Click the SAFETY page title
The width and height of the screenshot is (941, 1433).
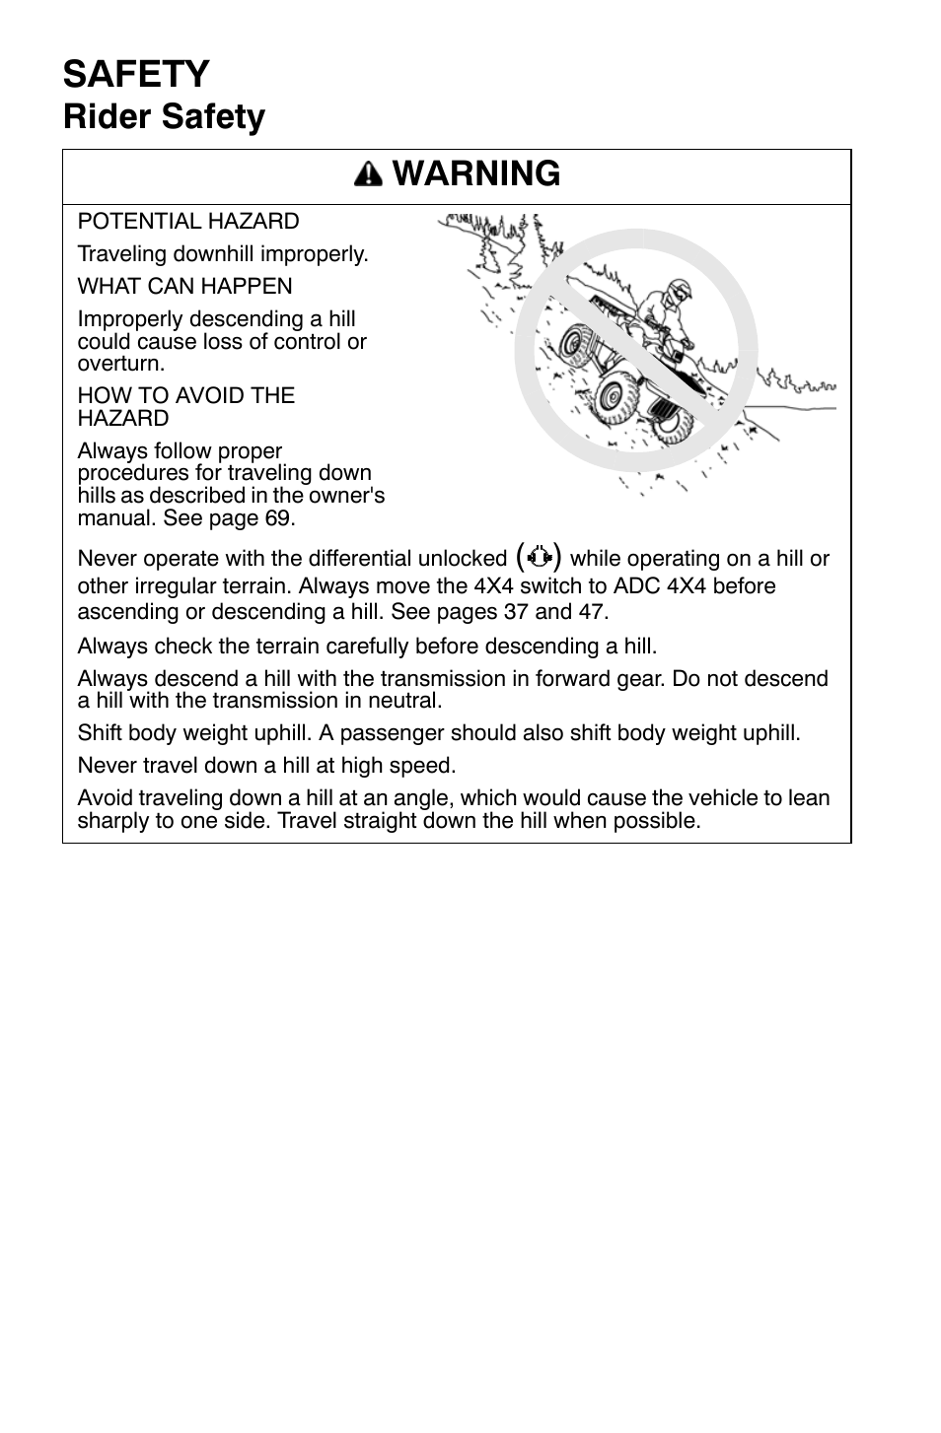136,75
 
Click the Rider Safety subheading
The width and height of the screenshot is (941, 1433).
164,117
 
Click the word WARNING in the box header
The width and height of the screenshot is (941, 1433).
476,174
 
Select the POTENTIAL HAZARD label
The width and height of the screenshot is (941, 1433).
187,222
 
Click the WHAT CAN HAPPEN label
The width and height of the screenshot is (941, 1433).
184,287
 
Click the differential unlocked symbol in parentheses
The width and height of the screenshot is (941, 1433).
538,557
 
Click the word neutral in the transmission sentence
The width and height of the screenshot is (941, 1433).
406,701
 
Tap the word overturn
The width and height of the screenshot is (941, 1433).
120,363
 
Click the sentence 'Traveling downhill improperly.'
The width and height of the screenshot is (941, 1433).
223,254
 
